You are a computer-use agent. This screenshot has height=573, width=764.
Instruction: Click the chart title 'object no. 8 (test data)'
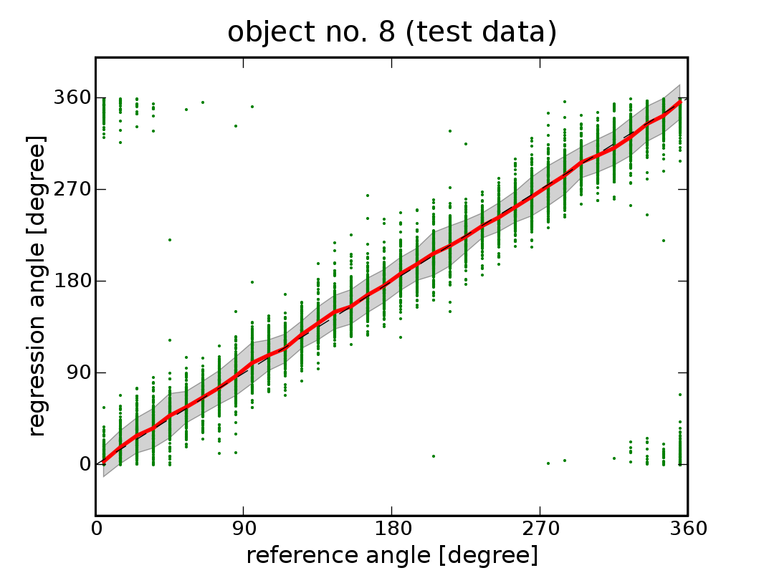click(392, 33)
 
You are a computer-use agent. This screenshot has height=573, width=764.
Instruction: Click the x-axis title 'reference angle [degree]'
click(392, 555)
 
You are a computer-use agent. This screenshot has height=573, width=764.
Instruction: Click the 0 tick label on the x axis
click(96, 529)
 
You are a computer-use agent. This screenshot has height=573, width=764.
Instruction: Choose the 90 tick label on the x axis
click(244, 529)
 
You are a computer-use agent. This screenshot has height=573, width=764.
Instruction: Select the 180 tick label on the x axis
click(392, 529)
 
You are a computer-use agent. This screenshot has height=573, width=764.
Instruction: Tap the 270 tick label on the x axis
click(540, 529)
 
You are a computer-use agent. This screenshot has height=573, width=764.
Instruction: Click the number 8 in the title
click(366, 33)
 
